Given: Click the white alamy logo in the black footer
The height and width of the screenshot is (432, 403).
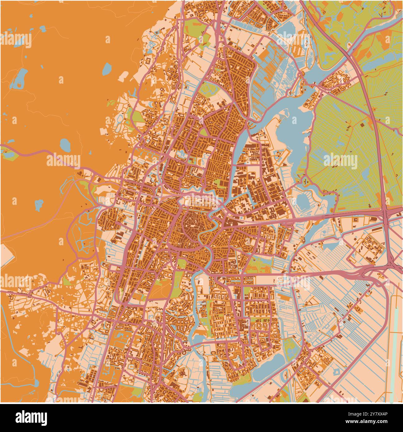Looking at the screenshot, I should [31, 417].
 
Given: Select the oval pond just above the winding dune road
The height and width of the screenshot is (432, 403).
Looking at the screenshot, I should [66, 145].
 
